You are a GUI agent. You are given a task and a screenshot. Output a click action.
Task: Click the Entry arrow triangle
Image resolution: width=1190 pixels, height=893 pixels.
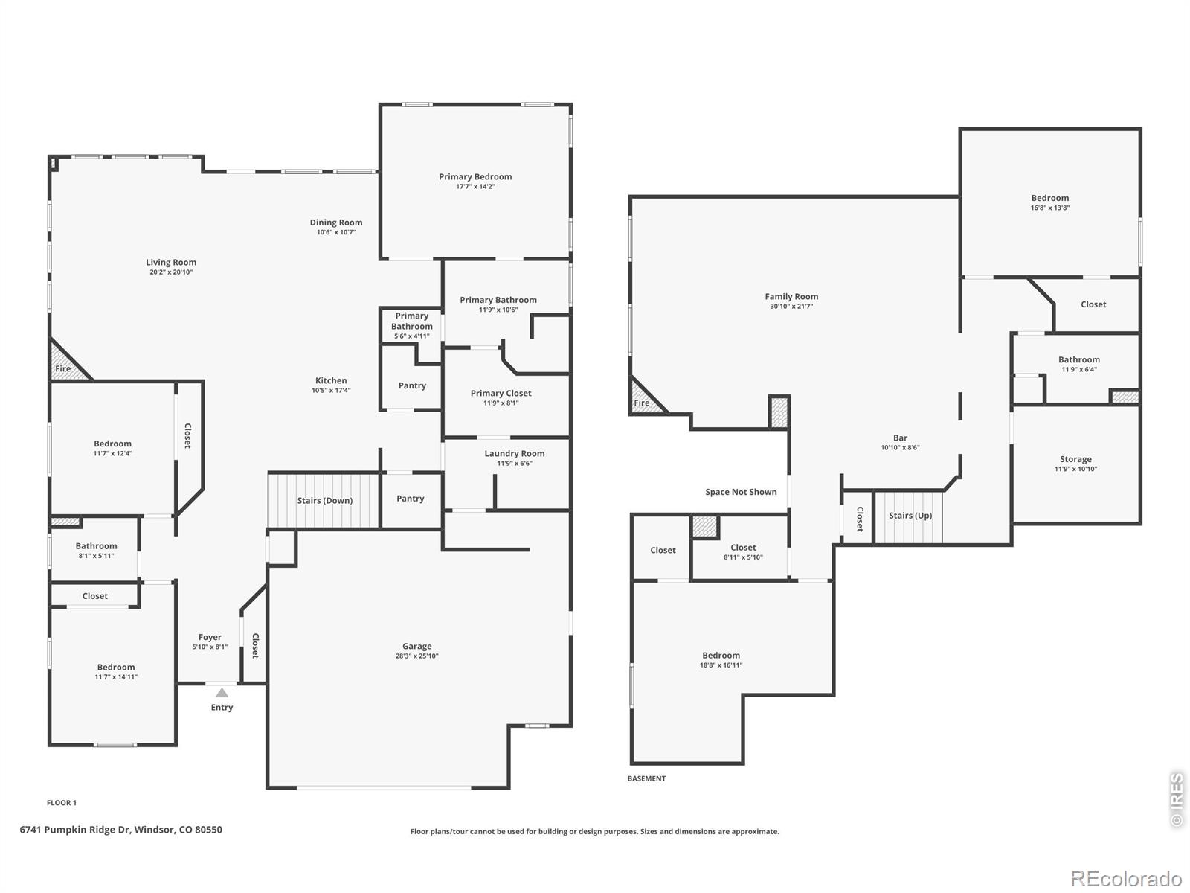tap(222, 692)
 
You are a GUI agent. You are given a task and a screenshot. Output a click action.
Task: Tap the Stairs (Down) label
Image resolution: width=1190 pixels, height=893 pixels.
tap(325, 500)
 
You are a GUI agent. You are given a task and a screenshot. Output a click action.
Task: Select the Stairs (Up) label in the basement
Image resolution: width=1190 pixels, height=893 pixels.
tap(910, 516)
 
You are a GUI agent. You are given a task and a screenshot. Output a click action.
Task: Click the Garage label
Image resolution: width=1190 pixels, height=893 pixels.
tap(417, 646)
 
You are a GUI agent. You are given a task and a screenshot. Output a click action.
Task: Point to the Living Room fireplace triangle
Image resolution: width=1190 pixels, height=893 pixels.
tap(66, 362)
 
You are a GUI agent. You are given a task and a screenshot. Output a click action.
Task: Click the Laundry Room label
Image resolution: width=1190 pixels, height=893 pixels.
tap(515, 454)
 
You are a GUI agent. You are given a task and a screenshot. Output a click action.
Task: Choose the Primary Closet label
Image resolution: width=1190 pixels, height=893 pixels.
tap(501, 393)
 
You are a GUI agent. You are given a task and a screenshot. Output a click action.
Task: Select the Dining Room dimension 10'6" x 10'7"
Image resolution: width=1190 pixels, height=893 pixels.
tap(336, 233)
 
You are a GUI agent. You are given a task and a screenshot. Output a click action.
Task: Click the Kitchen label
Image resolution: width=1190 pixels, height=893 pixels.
tap(331, 380)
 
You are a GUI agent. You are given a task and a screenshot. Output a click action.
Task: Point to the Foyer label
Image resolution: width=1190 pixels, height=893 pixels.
tap(210, 638)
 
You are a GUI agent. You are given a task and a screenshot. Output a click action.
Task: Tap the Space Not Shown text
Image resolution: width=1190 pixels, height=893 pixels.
tap(741, 492)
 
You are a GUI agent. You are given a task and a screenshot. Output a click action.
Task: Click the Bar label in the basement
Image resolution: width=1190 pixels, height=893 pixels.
tap(900, 438)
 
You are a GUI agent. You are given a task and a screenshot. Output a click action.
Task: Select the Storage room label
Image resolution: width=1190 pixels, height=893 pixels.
tap(1075, 459)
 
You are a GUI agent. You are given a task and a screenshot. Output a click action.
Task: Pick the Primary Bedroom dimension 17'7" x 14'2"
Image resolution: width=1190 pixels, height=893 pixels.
tap(475, 187)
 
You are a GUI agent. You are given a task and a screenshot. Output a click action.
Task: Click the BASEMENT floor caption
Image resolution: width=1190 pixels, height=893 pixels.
tap(646, 778)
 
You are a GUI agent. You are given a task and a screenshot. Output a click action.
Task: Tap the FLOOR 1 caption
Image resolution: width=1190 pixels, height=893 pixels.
tap(62, 803)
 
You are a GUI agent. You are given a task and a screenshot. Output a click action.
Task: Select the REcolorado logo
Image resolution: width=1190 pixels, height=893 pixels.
tap(1126, 878)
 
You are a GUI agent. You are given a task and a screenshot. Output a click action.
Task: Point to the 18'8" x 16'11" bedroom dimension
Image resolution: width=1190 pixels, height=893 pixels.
tap(721, 665)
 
